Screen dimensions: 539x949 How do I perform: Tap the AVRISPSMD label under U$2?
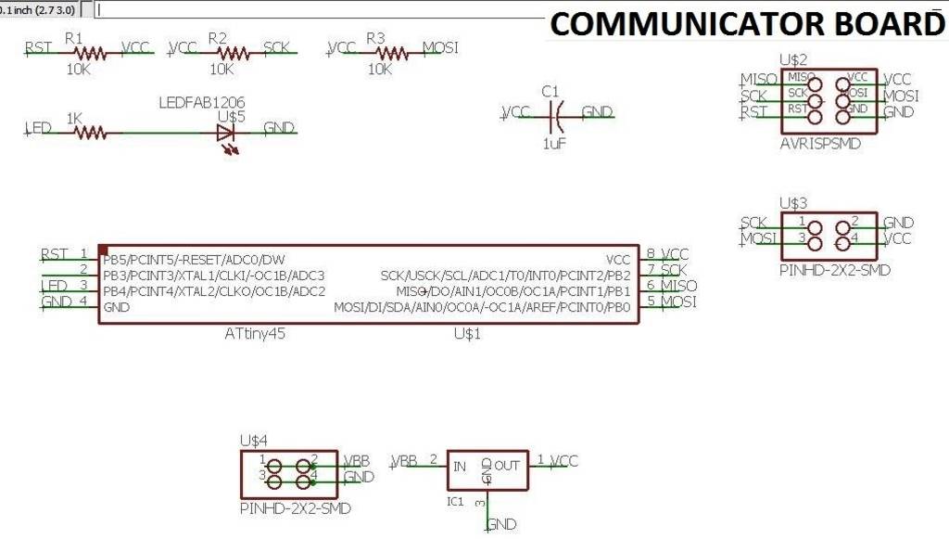[x=820, y=144]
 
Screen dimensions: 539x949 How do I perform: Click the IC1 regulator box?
[x=487, y=470]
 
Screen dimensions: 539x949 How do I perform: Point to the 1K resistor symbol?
[x=90, y=133]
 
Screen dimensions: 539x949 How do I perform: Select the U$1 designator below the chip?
[x=467, y=332]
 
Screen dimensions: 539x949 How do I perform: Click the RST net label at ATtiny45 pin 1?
[x=55, y=253]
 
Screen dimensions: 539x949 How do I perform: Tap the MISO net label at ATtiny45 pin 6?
[x=679, y=286]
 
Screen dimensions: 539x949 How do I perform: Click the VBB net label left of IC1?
[x=405, y=459]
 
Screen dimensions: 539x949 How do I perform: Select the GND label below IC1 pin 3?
[x=501, y=524]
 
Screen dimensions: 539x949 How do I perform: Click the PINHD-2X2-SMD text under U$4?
[x=295, y=509]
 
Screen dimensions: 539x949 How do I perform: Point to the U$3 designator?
[x=794, y=202]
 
